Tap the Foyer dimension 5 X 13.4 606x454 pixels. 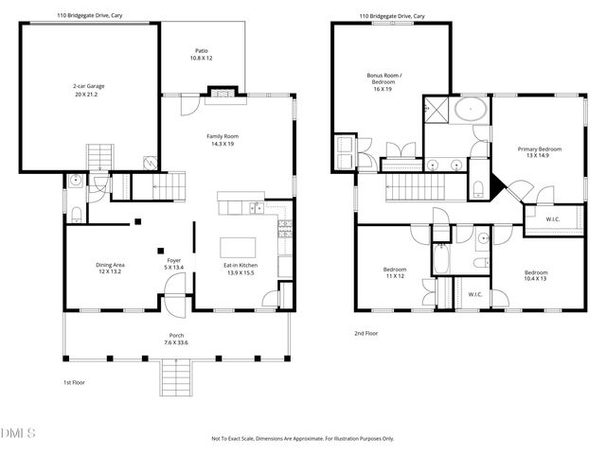coord(173,269)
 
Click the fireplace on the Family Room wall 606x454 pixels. coord(220,93)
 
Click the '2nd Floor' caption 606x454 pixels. coord(365,333)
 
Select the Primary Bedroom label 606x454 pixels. coord(539,152)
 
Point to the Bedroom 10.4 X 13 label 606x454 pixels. coord(537,275)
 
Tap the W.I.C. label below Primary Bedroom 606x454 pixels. coord(553,219)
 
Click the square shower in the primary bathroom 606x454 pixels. coord(437,109)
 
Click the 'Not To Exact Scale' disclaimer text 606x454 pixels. coord(302,439)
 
